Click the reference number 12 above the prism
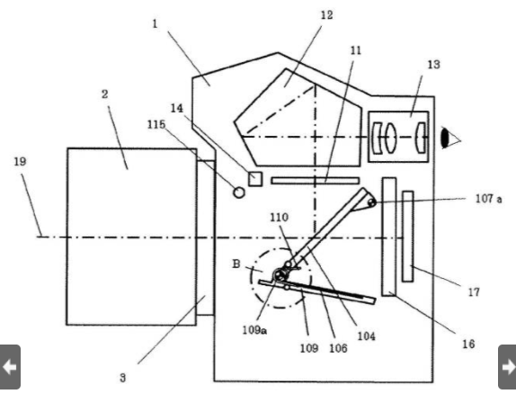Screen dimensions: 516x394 point(327,14)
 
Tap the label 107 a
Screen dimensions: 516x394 point(489,199)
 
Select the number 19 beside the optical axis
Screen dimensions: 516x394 point(20,161)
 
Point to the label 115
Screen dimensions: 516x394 point(156,124)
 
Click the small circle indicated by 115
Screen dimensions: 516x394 point(239,193)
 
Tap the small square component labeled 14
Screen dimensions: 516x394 point(255,179)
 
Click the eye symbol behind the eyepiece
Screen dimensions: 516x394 point(450,139)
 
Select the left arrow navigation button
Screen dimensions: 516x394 point(10,367)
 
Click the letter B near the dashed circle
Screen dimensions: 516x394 point(236,264)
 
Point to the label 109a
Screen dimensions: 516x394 point(254,330)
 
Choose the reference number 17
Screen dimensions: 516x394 point(474,291)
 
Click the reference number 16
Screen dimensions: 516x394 point(468,344)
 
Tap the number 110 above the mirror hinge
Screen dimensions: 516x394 point(280,217)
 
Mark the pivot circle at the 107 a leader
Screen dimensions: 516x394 point(371,203)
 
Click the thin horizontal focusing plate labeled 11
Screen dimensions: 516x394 point(316,181)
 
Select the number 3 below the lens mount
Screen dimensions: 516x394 point(123,378)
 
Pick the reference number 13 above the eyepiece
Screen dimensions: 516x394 point(433,64)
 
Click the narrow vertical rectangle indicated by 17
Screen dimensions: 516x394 point(408,237)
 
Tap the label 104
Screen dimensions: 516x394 point(366,336)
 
